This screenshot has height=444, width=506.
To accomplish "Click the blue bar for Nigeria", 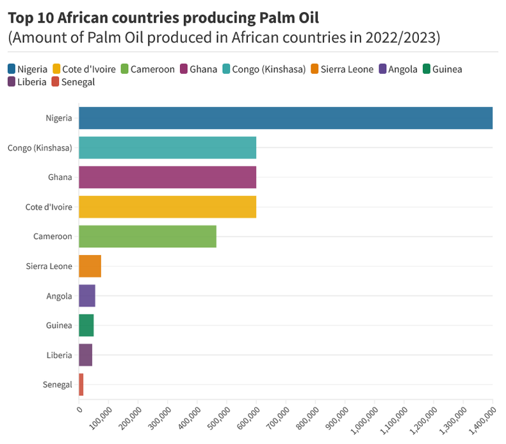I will point(285,118).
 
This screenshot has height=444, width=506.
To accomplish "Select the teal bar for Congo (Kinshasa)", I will point(167,147).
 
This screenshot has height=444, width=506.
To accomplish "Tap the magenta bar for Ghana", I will point(167,177).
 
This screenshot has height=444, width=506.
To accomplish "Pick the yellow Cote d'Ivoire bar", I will point(167,207).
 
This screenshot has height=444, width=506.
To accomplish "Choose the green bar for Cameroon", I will point(147,236).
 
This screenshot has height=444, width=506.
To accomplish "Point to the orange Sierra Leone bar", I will point(90,266).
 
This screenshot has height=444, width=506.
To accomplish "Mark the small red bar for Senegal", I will point(81,384).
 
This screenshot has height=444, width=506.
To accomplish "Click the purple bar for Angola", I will point(87,295).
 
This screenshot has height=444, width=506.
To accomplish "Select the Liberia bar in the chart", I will point(85,355).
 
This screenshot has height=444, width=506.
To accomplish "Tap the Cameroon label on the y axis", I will point(53,236).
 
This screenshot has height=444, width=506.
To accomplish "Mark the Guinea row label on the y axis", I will point(59,325).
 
